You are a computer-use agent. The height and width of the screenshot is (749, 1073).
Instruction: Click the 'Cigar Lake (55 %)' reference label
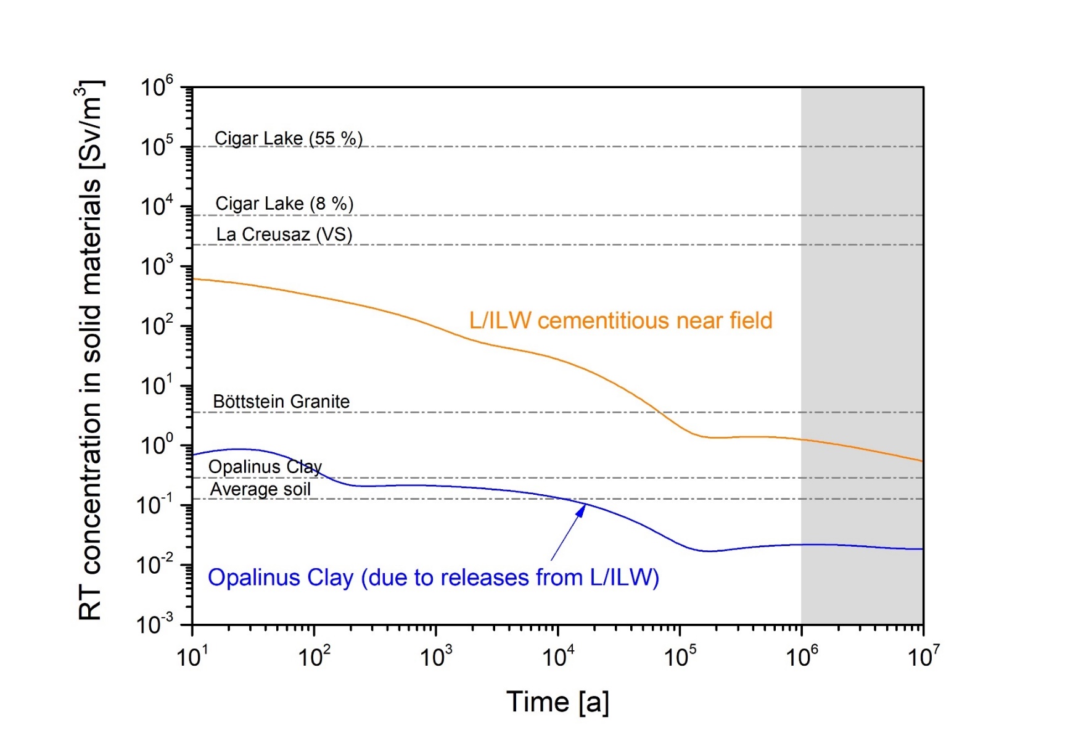click(x=288, y=138)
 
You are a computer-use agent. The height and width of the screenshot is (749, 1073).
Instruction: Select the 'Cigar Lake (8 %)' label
click(x=284, y=204)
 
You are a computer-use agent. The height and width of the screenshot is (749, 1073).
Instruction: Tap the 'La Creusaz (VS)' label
click(x=284, y=234)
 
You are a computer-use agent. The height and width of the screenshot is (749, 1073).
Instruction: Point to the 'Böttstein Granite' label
click(x=281, y=402)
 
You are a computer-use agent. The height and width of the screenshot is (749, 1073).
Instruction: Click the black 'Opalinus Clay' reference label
click(x=265, y=466)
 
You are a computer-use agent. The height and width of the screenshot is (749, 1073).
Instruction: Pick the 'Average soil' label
click(x=260, y=489)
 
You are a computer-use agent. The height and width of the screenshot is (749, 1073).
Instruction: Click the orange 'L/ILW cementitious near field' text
click(x=620, y=321)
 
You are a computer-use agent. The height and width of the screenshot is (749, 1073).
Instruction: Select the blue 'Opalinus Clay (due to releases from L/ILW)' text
click(x=433, y=577)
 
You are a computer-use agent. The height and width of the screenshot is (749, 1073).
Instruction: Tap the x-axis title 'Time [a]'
click(x=557, y=702)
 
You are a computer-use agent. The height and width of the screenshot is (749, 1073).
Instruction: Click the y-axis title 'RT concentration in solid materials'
click(x=91, y=352)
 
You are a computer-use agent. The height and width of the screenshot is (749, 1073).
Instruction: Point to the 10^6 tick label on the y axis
click(x=157, y=86)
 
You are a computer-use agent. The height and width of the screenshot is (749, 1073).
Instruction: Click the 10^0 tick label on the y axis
click(x=157, y=445)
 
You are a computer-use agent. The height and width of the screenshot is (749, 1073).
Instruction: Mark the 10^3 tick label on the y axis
click(x=157, y=266)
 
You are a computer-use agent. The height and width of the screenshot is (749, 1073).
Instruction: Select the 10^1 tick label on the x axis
click(x=192, y=656)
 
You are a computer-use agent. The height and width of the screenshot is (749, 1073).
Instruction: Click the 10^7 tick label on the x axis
click(x=923, y=656)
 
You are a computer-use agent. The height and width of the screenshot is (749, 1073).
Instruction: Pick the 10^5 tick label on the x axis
click(x=680, y=656)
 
